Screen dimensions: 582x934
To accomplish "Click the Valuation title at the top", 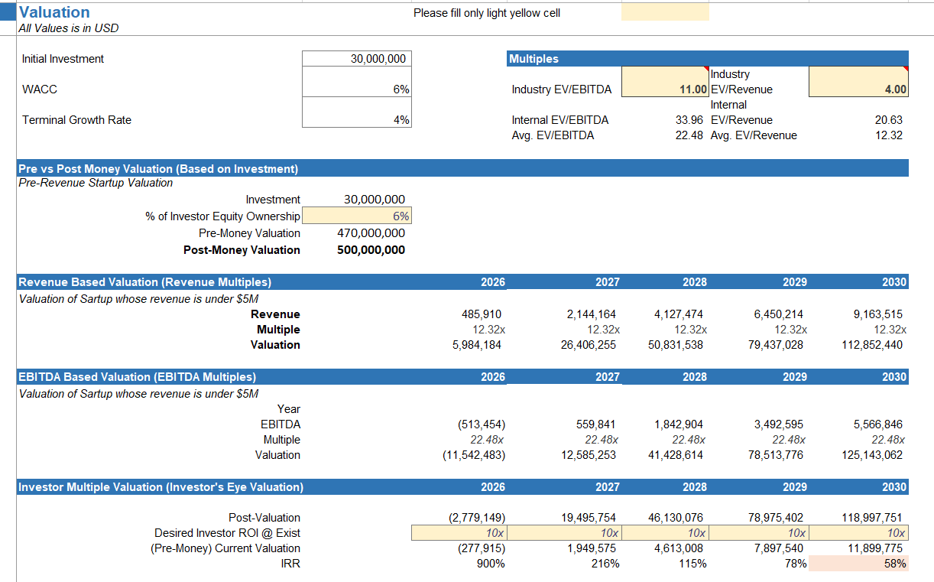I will [x=54, y=12].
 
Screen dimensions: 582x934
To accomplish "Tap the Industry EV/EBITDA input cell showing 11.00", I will [x=665, y=89].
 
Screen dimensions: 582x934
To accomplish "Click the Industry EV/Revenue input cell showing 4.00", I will [x=858, y=89].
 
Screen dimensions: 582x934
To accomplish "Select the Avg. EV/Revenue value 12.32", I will [x=889, y=135].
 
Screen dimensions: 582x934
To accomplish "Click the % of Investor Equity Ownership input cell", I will [x=356, y=216].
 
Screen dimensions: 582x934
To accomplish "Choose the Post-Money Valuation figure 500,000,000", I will [x=371, y=250].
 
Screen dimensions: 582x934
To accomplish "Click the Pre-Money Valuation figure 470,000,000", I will [x=371, y=233].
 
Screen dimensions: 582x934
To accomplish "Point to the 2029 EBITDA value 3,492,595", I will [x=775, y=424].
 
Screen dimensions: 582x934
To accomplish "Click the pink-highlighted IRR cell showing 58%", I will [x=858, y=564].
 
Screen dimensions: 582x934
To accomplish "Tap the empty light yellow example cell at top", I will [x=664, y=13].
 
